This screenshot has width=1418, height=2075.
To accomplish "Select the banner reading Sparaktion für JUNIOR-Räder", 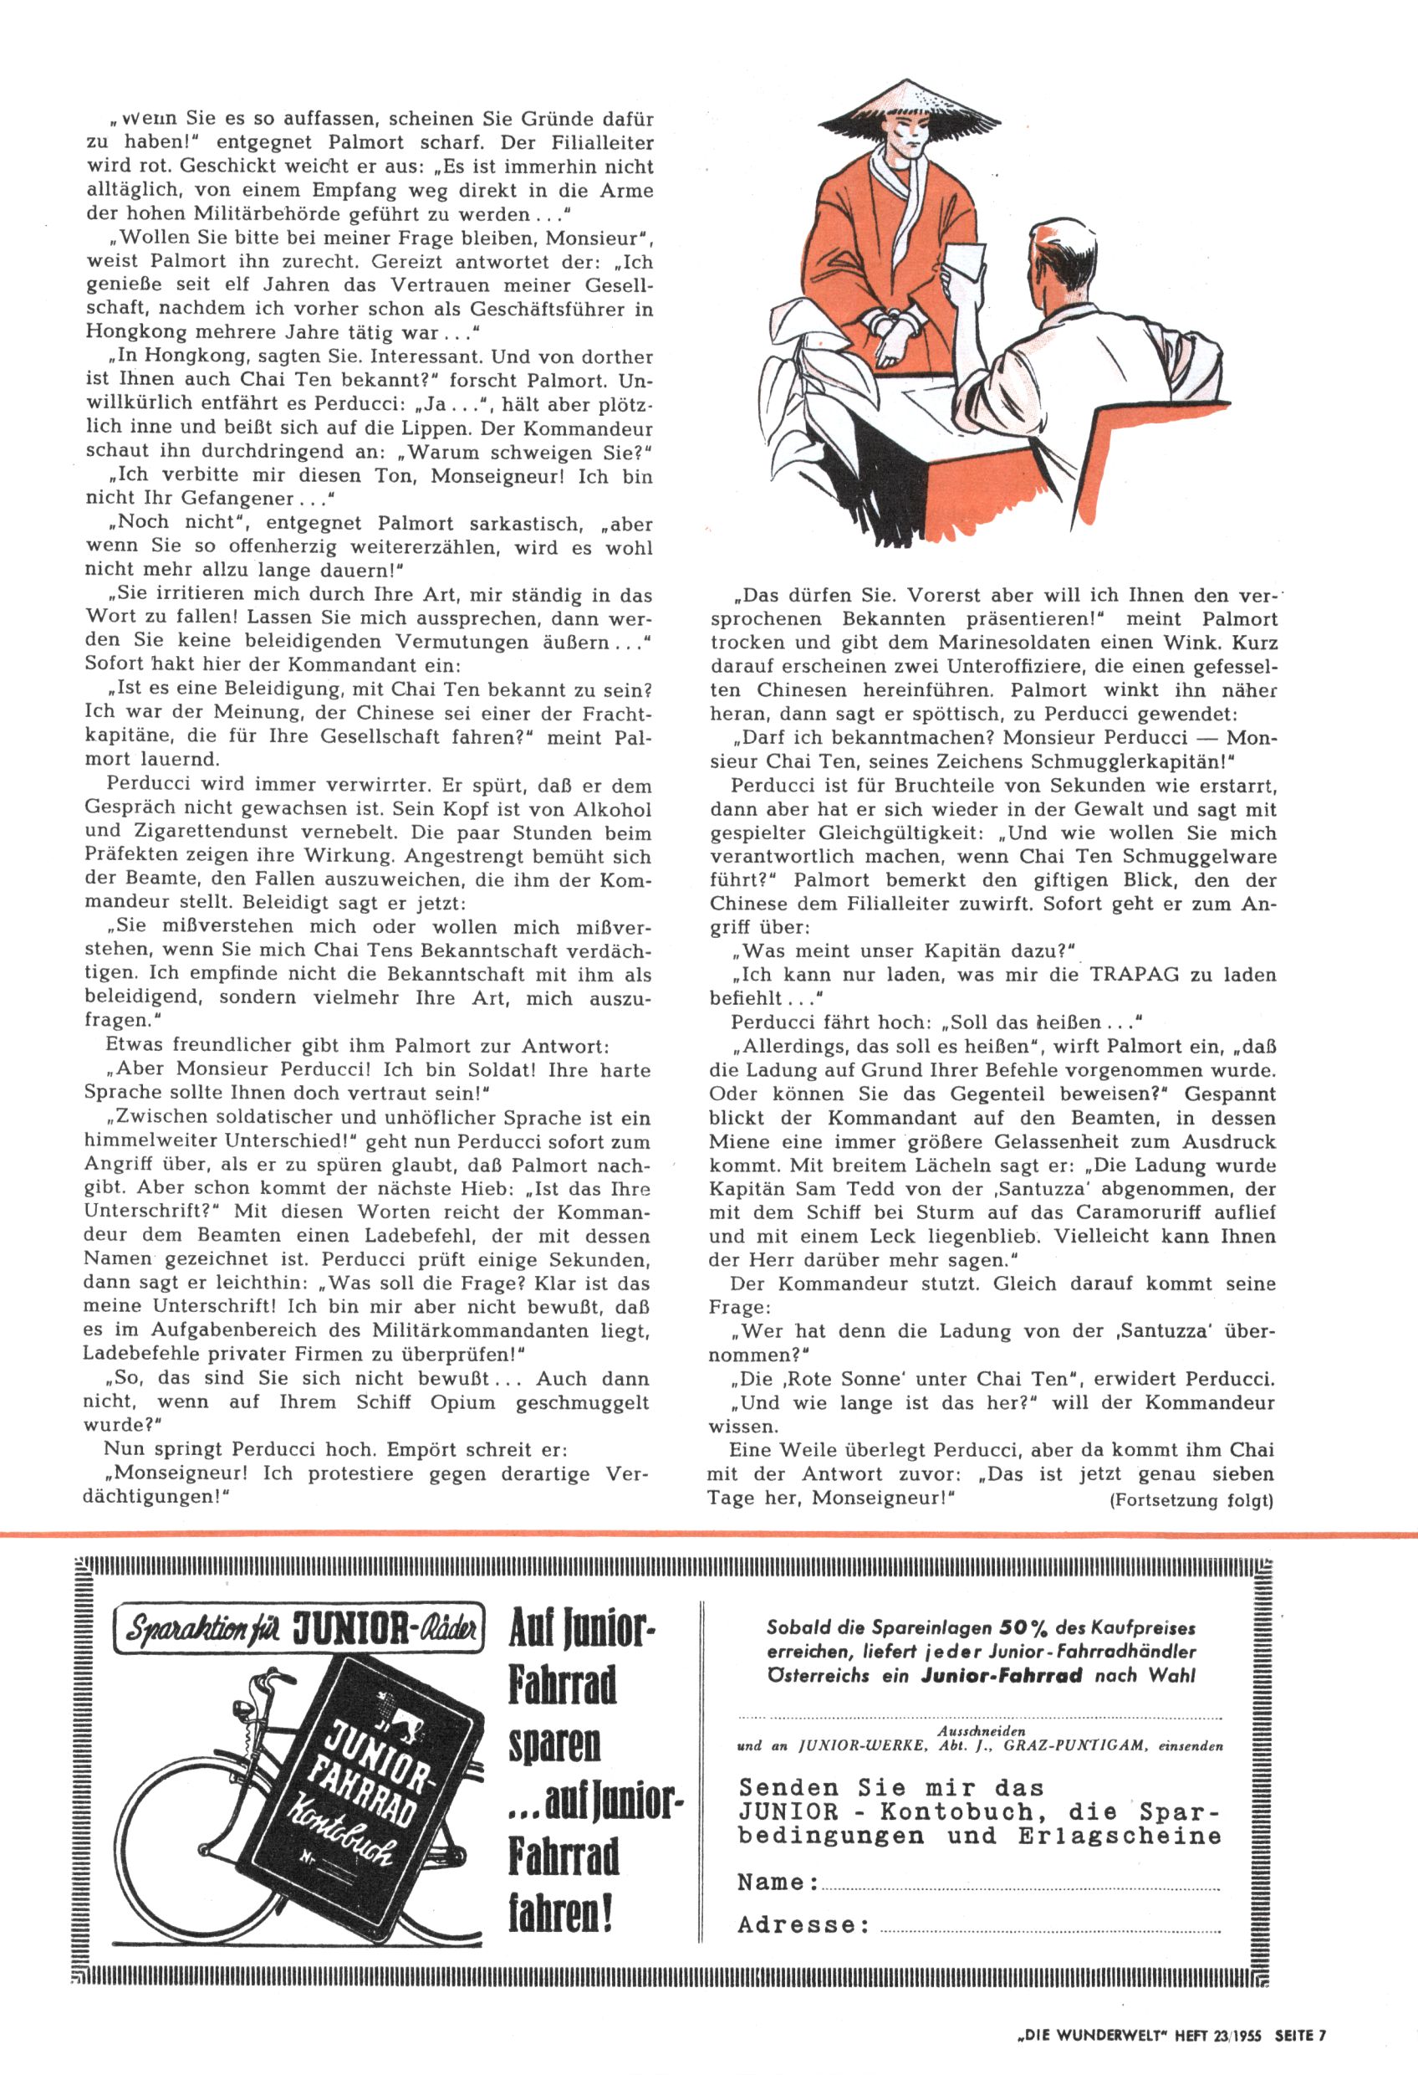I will (x=298, y=1631).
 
